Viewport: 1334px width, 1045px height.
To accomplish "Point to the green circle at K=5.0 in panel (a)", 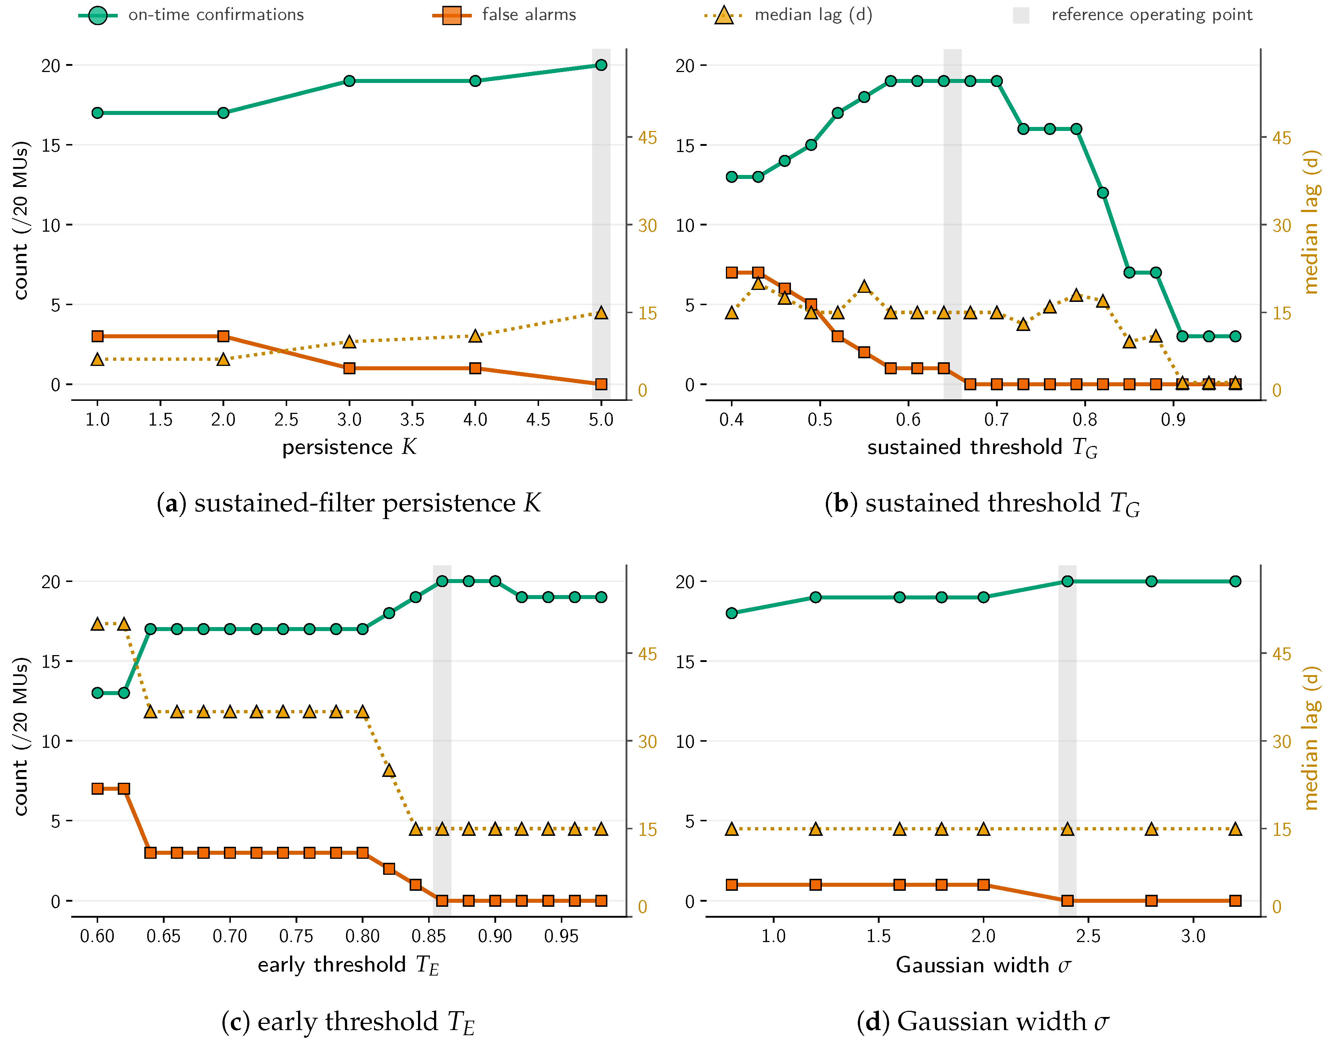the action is click(601, 65).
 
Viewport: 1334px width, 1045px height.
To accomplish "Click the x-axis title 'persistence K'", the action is click(349, 447).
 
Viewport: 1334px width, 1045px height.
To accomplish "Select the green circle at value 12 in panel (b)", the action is click(1103, 193).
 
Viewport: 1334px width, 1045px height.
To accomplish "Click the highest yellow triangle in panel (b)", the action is click(758, 283).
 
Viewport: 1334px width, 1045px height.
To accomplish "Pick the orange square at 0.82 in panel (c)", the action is click(389, 869).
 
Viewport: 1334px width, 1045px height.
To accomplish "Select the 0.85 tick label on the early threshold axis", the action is click(429, 936).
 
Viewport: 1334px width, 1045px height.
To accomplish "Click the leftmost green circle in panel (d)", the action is click(732, 613).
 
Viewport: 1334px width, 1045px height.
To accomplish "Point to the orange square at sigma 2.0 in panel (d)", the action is click(984, 885).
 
